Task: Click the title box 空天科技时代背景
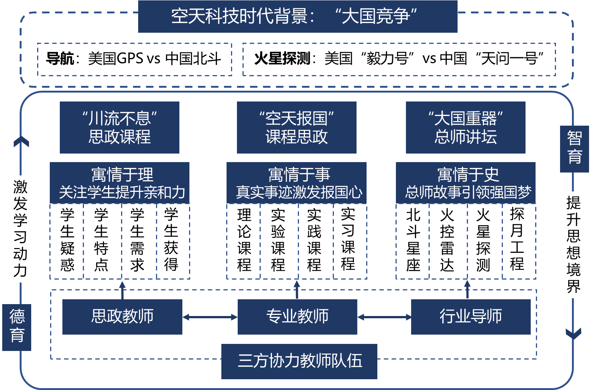(297, 16)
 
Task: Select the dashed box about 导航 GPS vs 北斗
(134, 59)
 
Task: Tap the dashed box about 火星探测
(399, 59)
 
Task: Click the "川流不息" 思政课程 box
(119, 128)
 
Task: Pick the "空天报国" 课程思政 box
(296, 128)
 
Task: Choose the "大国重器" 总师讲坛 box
(465, 128)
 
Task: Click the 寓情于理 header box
(120, 183)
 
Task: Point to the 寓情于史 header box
(465, 183)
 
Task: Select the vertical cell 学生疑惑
(67, 240)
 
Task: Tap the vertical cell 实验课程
(278, 240)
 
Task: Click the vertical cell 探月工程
(517, 240)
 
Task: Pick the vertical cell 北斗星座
(413, 240)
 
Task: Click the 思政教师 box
(122, 317)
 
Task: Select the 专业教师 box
(297, 317)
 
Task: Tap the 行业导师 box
(471, 317)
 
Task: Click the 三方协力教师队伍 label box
(299, 361)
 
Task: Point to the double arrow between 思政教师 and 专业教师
(210, 317)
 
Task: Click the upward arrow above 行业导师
(467, 289)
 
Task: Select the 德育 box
(17, 327)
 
